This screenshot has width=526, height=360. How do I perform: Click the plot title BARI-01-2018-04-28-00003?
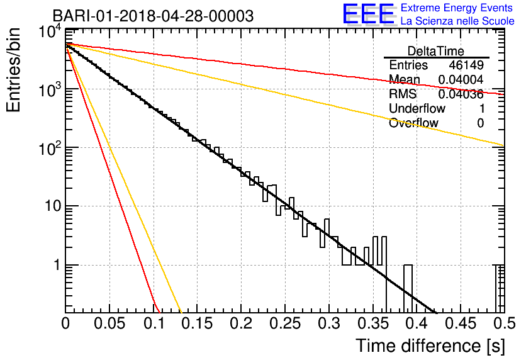point(154,16)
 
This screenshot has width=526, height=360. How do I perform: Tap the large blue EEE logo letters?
point(369,14)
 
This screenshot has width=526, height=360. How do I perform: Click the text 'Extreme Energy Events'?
point(457,8)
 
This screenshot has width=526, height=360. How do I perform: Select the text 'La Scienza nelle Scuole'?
point(457,21)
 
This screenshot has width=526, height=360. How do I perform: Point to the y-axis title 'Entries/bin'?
point(13,70)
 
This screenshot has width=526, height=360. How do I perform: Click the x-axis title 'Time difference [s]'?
point(430,346)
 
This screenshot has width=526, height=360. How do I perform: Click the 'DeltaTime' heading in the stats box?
point(436,51)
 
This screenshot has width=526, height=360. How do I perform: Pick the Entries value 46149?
point(466,65)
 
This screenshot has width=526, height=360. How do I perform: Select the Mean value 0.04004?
point(461,79)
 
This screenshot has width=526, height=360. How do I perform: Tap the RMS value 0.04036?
point(461,94)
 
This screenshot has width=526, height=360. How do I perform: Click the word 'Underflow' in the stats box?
point(417,108)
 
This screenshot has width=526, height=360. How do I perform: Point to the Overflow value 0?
point(480,123)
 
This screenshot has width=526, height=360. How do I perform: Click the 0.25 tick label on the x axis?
point(285,323)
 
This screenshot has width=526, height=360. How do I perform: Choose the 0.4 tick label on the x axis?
point(417,323)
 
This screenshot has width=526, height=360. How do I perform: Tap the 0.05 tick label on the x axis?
point(109,323)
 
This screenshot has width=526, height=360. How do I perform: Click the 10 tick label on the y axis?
point(53,206)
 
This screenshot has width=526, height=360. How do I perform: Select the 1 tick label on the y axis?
point(57,265)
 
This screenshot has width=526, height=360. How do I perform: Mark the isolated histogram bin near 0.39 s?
point(408,288)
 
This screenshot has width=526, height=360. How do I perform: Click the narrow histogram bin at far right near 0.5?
point(500,288)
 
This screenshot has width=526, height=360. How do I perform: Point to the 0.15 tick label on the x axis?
point(197,323)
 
